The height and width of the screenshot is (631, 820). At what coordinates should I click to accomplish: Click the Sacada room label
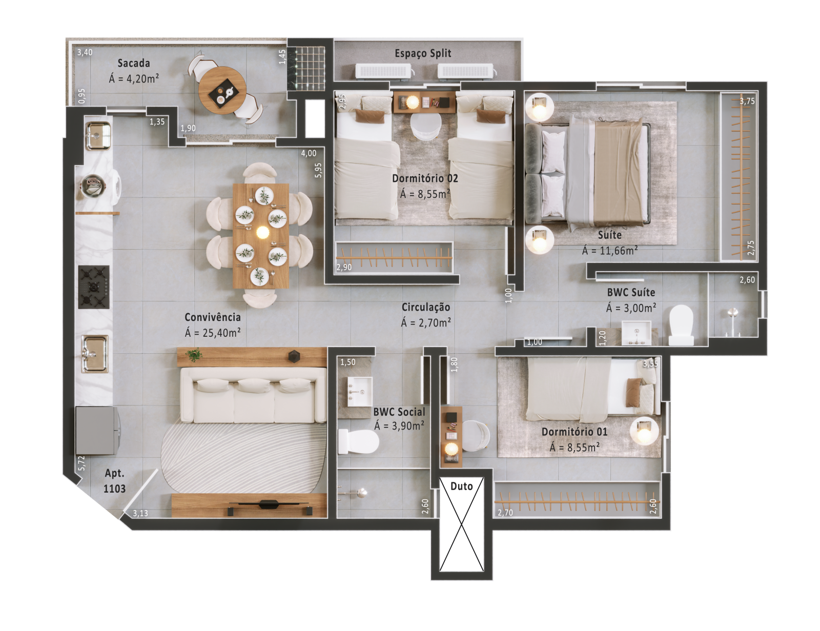(x=134, y=63)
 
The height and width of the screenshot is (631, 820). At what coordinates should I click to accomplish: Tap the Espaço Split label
(x=423, y=54)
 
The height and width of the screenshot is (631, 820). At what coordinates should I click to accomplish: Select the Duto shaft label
(x=462, y=486)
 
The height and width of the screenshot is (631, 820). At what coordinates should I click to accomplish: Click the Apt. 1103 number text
(x=114, y=488)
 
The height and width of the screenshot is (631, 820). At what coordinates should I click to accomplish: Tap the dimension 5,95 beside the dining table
(x=319, y=170)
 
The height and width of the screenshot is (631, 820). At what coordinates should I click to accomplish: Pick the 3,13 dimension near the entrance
(x=140, y=513)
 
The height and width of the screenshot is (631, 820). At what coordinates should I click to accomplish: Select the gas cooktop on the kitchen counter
(x=94, y=287)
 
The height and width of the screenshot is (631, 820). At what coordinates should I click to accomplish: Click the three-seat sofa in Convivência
(x=253, y=395)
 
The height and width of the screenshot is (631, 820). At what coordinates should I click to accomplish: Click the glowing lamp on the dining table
(x=262, y=233)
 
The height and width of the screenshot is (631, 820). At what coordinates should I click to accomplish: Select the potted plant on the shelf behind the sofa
(x=194, y=355)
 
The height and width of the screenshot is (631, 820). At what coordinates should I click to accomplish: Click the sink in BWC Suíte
(x=636, y=333)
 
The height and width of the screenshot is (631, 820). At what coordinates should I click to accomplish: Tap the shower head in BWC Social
(x=361, y=492)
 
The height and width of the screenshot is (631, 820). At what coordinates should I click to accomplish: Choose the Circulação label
(x=426, y=307)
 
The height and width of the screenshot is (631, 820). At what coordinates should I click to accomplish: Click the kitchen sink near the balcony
(x=98, y=135)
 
